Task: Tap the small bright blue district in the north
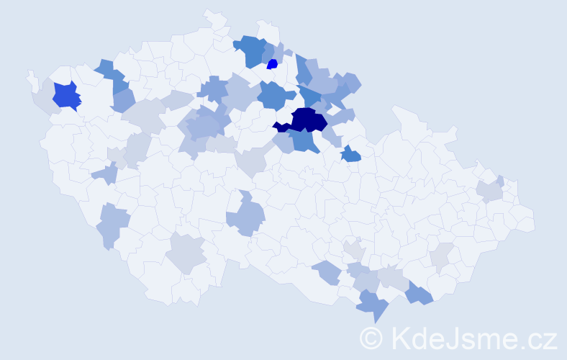pyautogui.click(x=272, y=64)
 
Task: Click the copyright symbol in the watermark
pyautogui.click(x=371, y=338)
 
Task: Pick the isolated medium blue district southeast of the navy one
pyautogui.click(x=350, y=153)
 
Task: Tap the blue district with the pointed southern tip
pyautogui.click(x=373, y=304)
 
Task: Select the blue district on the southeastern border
pyautogui.click(x=419, y=293)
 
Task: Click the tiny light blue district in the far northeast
pyautogui.click(x=499, y=181)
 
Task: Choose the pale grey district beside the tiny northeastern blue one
pyautogui.click(x=488, y=191)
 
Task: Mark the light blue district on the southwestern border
pyautogui.click(x=111, y=224)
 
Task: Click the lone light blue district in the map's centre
pyautogui.click(x=246, y=216)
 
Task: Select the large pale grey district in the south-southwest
pyautogui.click(x=186, y=253)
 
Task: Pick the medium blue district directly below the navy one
pyautogui.click(x=306, y=140)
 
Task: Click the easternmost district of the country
pyautogui.click(x=524, y=219)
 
